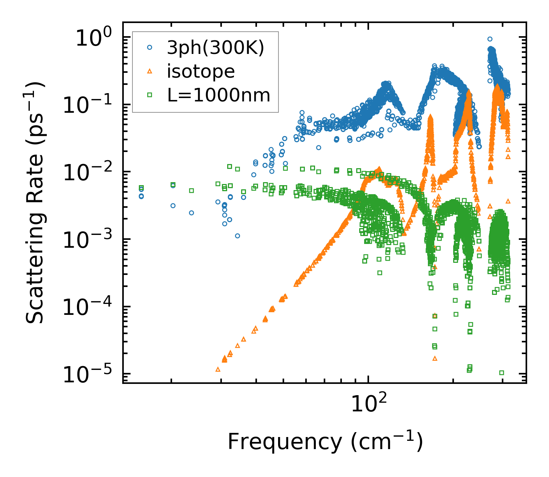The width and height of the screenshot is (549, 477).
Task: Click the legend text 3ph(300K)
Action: tap(216, 48)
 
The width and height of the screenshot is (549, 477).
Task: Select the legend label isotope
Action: tap(201, 72)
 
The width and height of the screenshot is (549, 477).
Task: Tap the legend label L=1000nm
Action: tap(219, 95)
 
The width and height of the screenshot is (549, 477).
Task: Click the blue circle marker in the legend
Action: tap(150, 48)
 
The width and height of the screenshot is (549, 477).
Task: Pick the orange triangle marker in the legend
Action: tap(150, 71)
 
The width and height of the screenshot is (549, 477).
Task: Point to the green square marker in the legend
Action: tap(150, 95)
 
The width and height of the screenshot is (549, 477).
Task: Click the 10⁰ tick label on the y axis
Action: tap(94, 38)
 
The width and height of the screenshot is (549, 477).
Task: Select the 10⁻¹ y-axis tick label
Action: tap(90, 105)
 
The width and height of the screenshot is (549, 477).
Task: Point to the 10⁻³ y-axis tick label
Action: tap(90, 240)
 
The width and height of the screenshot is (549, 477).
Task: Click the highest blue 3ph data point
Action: tap(490, 39)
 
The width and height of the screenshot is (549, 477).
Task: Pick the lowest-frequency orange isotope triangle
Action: tap(218, 369)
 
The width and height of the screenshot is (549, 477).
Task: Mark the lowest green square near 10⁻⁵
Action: tap(501, 373)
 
